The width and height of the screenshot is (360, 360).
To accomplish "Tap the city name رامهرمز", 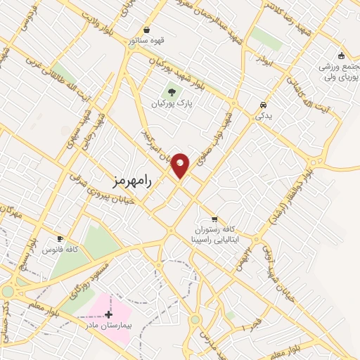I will pos(132,179).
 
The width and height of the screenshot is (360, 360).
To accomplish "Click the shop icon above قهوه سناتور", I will pos(146,30).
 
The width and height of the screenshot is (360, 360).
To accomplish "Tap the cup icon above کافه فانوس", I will pos(60,239).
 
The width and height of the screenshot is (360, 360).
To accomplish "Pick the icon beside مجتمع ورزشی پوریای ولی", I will pos(341,56).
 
